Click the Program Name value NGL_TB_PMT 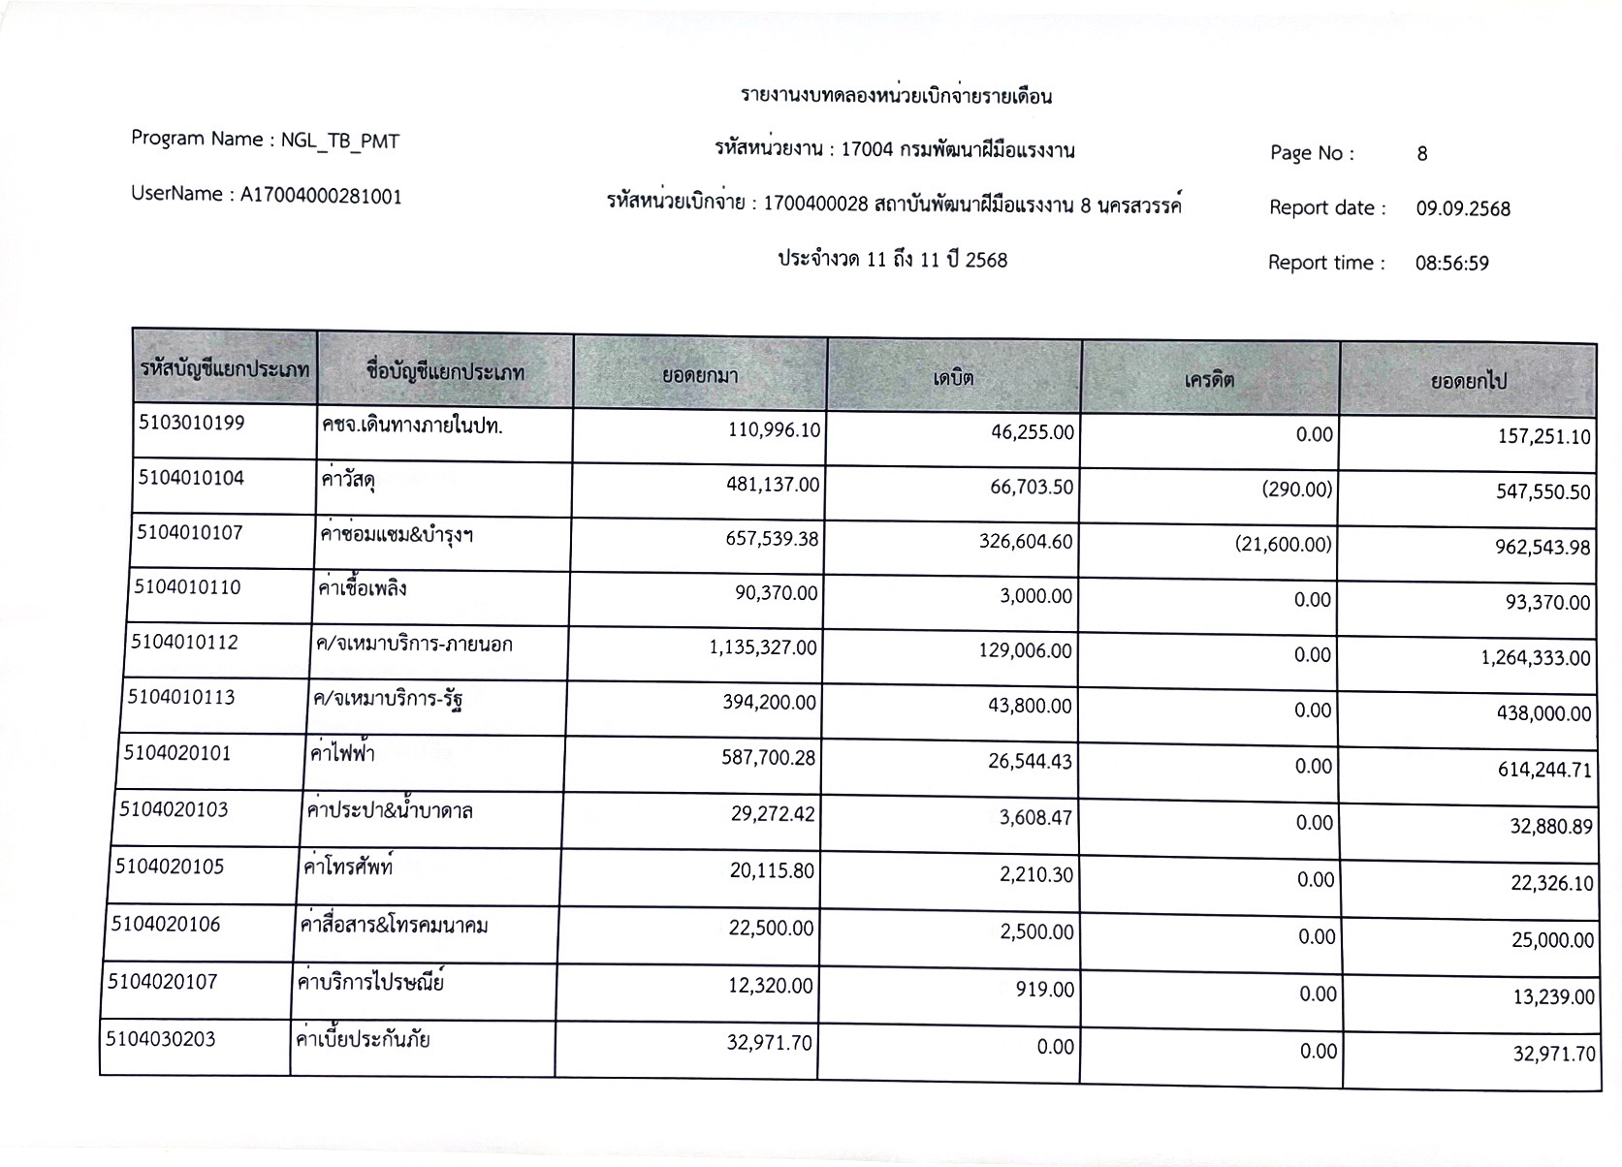click(x=339, y=142)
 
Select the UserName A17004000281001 click(x=321, y=196)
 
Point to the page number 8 click(x=1421, y=154)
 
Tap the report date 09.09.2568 click(x=1462, y=208)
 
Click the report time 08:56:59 click(x=1451, y=263)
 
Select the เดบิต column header click(x=953, y=377)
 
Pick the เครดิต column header click(x=1209, y=379)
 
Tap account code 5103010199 click(x=192, y=423)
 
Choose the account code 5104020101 click(x=177, y=753)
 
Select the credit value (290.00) click(x=1297, y=489)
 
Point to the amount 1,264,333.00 click(x=1535, y=658)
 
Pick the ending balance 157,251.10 click(x=1543, y=437)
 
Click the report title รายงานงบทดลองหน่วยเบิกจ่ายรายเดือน click(x=896, y=96)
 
